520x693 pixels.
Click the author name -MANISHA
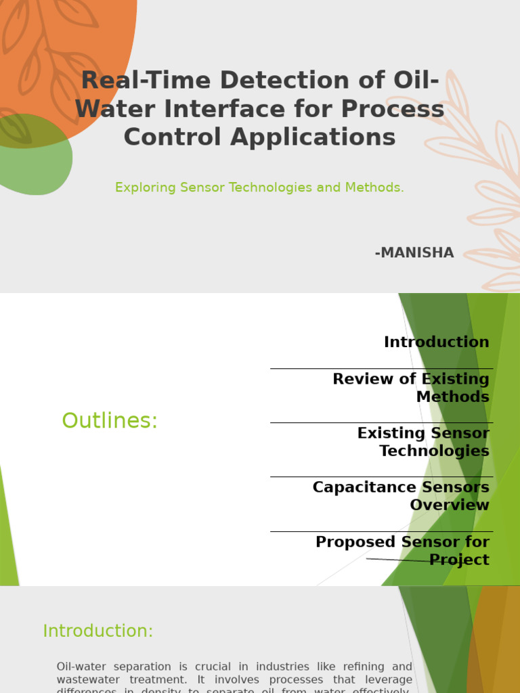[x=414, y=253]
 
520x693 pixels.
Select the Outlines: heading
[x=110, y=421]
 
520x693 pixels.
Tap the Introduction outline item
[x=436, y=342]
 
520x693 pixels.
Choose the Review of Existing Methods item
[x=410, y=388]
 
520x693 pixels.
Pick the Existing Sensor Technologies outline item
[x=423, y=442]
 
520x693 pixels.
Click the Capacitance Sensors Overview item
[x=401, y=496]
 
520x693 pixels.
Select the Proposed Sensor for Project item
[x=402, y=550]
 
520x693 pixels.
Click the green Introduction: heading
[x=98, y=631]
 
